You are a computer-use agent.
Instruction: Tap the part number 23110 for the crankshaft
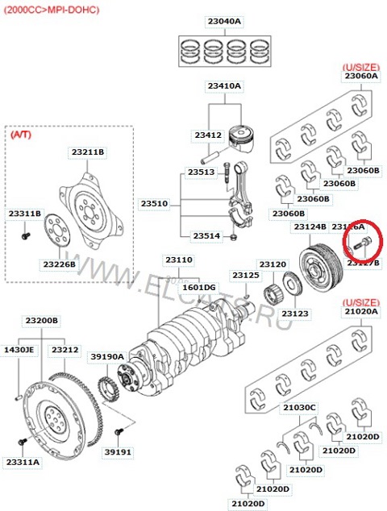click(x=179, y=260)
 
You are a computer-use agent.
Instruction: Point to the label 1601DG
click(x=198, y=287)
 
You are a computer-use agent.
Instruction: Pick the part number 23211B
click(x=87, y=152)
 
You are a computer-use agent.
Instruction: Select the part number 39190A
click(x=106, y=355)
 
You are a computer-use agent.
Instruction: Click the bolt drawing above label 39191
click(x=119, y=434)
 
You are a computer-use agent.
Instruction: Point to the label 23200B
click(x=42, y=320)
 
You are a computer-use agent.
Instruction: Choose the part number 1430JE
click(x=18, y=350)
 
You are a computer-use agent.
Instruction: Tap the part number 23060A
click(x=360, y=77)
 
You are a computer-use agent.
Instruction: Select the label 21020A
click(x=361, y=311)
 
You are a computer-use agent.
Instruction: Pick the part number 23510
click(x=153, y=204)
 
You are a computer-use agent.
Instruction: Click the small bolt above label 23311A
click(x=21, y=443)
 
